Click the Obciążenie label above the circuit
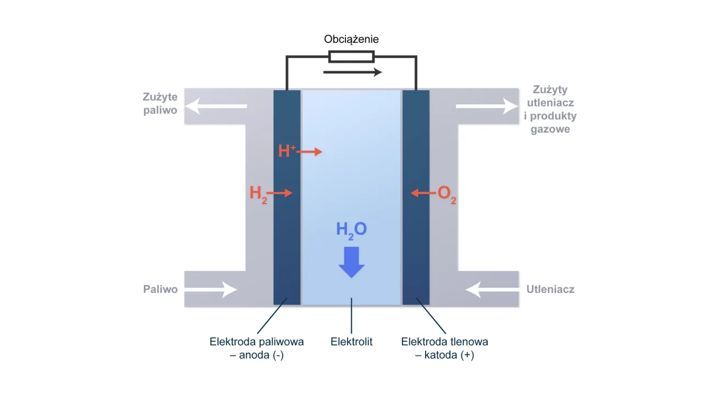click(x=351, y=39)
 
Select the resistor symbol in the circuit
click(x=351, y=57)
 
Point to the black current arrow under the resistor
click(x=352, y=72)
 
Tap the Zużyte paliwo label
click(x=160, y=104)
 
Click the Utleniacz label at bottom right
click(x=550, y=289)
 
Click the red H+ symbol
click(x=287, y=151)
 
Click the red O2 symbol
click(x=447, y=195)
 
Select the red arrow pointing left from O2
click(x=422, y=193)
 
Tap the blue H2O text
click(x=351, y=229)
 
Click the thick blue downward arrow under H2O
click(x=351, y=262)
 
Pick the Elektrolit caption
click(x=351, y=342)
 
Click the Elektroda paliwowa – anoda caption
click(x=256, y=348)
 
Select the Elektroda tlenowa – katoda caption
click(x=445, y=348)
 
